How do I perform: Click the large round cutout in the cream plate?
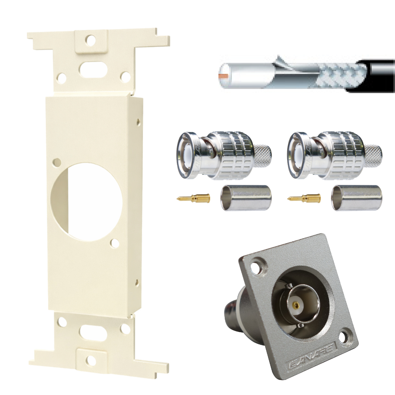[87, 201]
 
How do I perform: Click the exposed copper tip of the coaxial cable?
[223, 75]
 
